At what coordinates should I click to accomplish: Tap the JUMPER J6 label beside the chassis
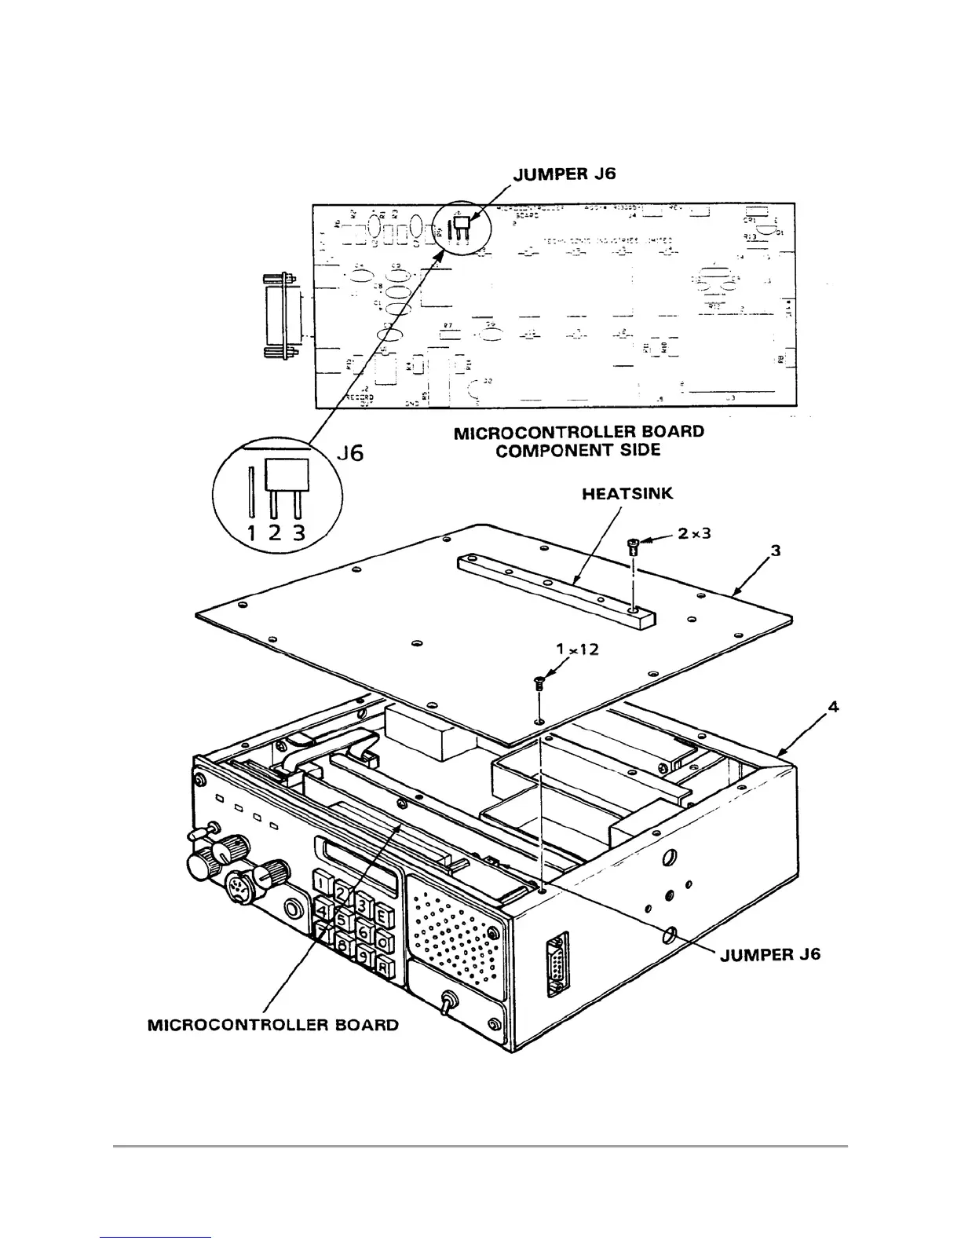tap(769, 954)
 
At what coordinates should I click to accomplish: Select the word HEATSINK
tap(627, 494)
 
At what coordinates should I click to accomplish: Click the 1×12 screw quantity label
tap(577, 649)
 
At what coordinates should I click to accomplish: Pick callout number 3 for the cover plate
tap(776, 551)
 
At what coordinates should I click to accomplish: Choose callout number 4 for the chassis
tap(833, 707)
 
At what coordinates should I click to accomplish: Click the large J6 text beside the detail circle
tap(349, 453)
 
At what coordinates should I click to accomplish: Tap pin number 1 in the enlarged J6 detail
tap(251, 533)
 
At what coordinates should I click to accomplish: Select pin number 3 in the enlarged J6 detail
tap(298, 533)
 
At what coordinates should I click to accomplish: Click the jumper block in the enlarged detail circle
tap(287, 475)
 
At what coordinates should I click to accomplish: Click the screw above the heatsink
tap(634, 544)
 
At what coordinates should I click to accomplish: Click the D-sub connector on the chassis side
tap(557, 964)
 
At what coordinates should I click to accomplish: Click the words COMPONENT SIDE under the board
tap(578, 450)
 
